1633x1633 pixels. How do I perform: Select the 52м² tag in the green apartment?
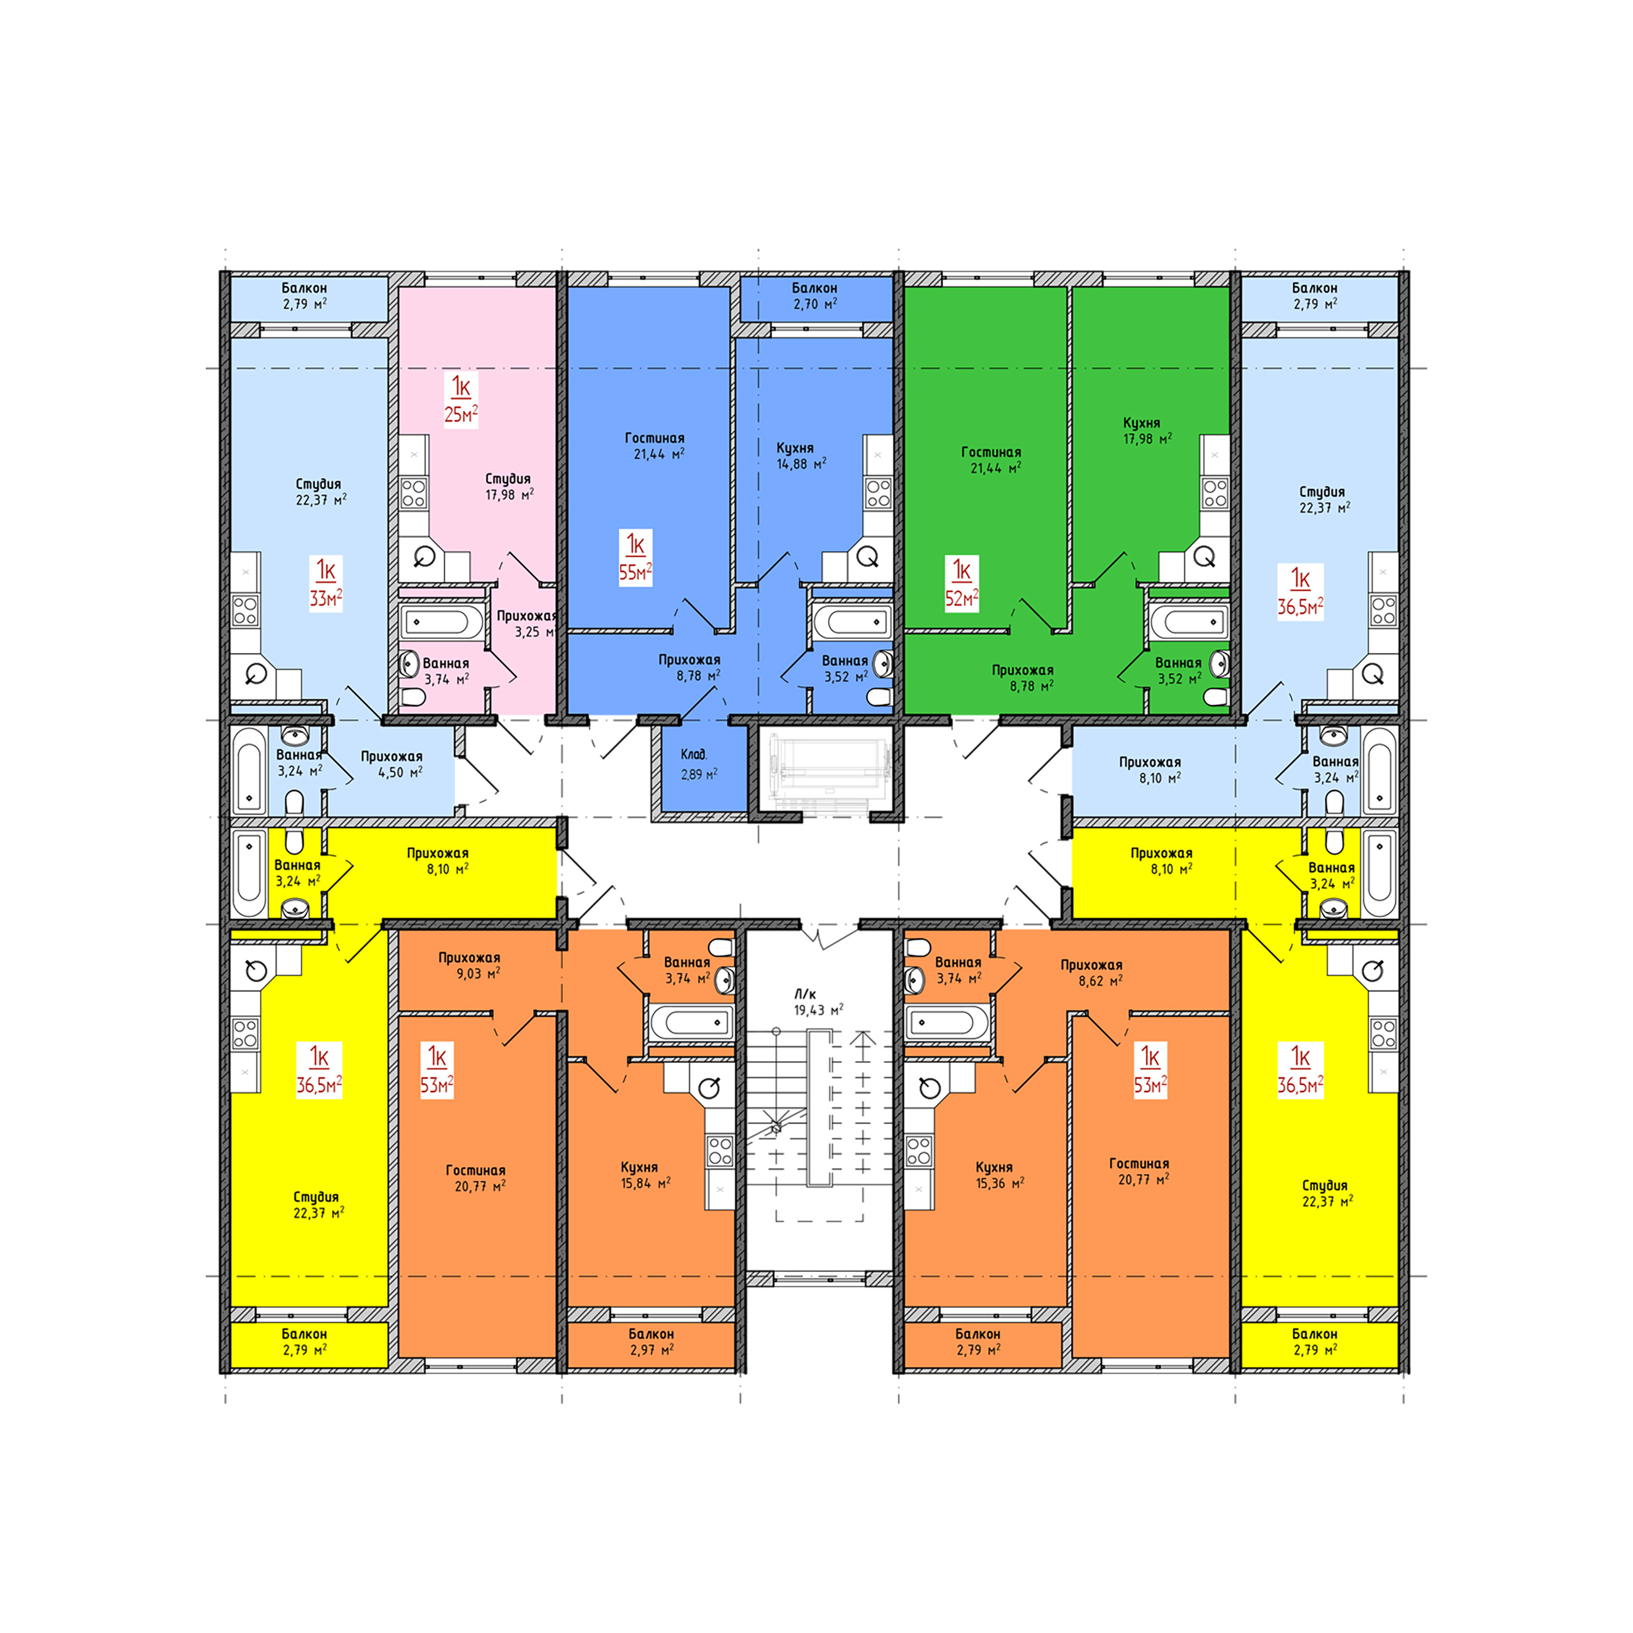(961, 583)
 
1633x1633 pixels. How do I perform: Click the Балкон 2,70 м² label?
(815, 296)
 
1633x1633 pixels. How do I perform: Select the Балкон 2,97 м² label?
(651, 1341)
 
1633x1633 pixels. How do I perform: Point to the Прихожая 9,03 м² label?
(469, 965)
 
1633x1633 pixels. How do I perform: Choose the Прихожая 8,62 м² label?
(1091, 972)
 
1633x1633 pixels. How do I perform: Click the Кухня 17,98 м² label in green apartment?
(1146, 430)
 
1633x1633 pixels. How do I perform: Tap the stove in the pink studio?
(413, 492)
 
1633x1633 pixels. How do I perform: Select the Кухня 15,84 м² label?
(644, 1175)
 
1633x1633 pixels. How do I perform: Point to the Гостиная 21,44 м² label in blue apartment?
(654, 445)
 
